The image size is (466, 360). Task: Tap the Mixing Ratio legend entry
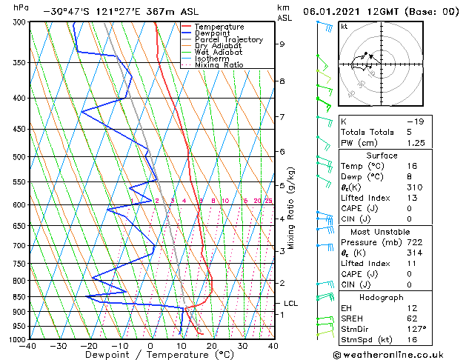coord(219,65)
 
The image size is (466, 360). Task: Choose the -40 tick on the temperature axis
coord(29,345)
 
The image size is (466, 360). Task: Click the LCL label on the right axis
coord(291,304)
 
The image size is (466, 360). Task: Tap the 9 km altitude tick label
coord(282,44)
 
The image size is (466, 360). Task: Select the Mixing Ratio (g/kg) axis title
coord(292,207)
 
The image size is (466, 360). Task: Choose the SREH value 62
coord(412,319)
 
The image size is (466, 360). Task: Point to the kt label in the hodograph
coord(344,26)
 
